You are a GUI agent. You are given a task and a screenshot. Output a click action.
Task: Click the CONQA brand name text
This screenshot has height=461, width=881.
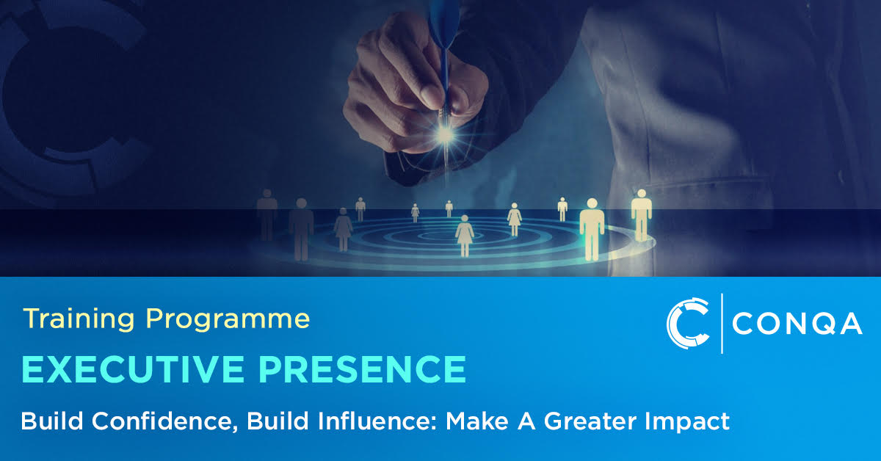(x=797, y=323)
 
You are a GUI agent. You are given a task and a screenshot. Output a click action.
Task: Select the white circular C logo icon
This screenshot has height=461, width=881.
(x=687, y=323)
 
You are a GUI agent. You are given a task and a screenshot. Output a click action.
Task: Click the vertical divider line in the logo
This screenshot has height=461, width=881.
(x=722, y=323)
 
